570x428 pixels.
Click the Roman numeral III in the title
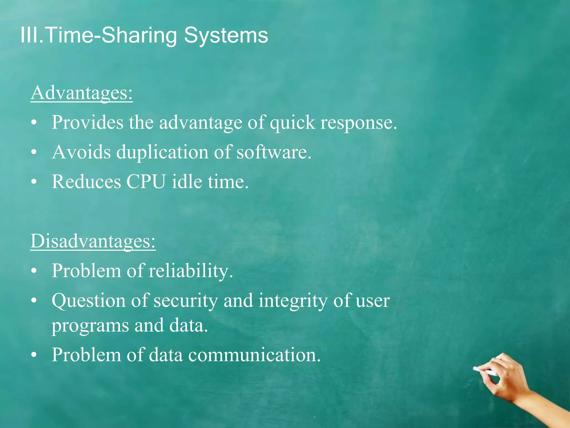point(29,35)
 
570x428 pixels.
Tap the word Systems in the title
point(226,35)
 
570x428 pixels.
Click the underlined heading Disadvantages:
point(93,241)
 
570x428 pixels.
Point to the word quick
point(293,123)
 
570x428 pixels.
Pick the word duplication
point(162,152)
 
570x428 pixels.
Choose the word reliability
point(190,271)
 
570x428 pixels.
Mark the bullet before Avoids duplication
point(34,152)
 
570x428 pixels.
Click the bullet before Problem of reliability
point(34,271)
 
